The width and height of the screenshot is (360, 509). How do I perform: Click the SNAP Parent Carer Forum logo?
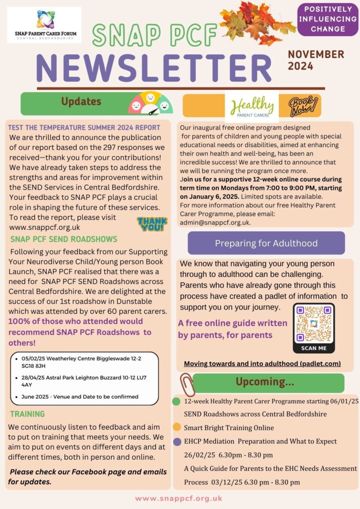pos(44,25)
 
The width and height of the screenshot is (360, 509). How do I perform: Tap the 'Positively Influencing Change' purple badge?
pos(328,19)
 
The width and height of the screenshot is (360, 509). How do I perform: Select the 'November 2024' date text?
pos(316,60)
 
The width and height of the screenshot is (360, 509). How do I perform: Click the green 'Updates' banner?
pos(81,102)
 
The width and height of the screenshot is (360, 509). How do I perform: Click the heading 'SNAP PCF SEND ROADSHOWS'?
pos(64,240)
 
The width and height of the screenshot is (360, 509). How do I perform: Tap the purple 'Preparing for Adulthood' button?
pos(266,243)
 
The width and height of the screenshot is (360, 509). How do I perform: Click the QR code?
pos(313,323)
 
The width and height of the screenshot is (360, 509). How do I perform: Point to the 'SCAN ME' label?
pos(313,348)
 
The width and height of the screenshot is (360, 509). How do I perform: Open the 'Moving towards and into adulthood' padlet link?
pos(262,364)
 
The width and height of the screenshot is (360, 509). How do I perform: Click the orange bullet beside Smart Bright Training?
pos(177,427)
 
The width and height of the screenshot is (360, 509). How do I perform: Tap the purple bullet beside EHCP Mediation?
pos(177,441)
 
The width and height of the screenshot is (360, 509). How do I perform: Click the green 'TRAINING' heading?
pos(27,414)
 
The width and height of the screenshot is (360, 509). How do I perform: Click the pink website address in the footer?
pos(179,498)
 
